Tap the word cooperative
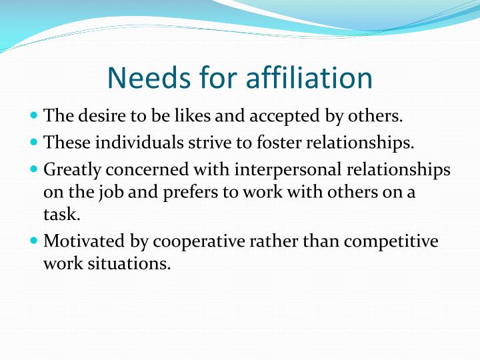click(203, 241)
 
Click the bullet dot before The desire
click(35, 116)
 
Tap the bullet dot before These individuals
click(35, 142)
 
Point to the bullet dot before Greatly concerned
click(35, 169)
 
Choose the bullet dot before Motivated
click(35, 240)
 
